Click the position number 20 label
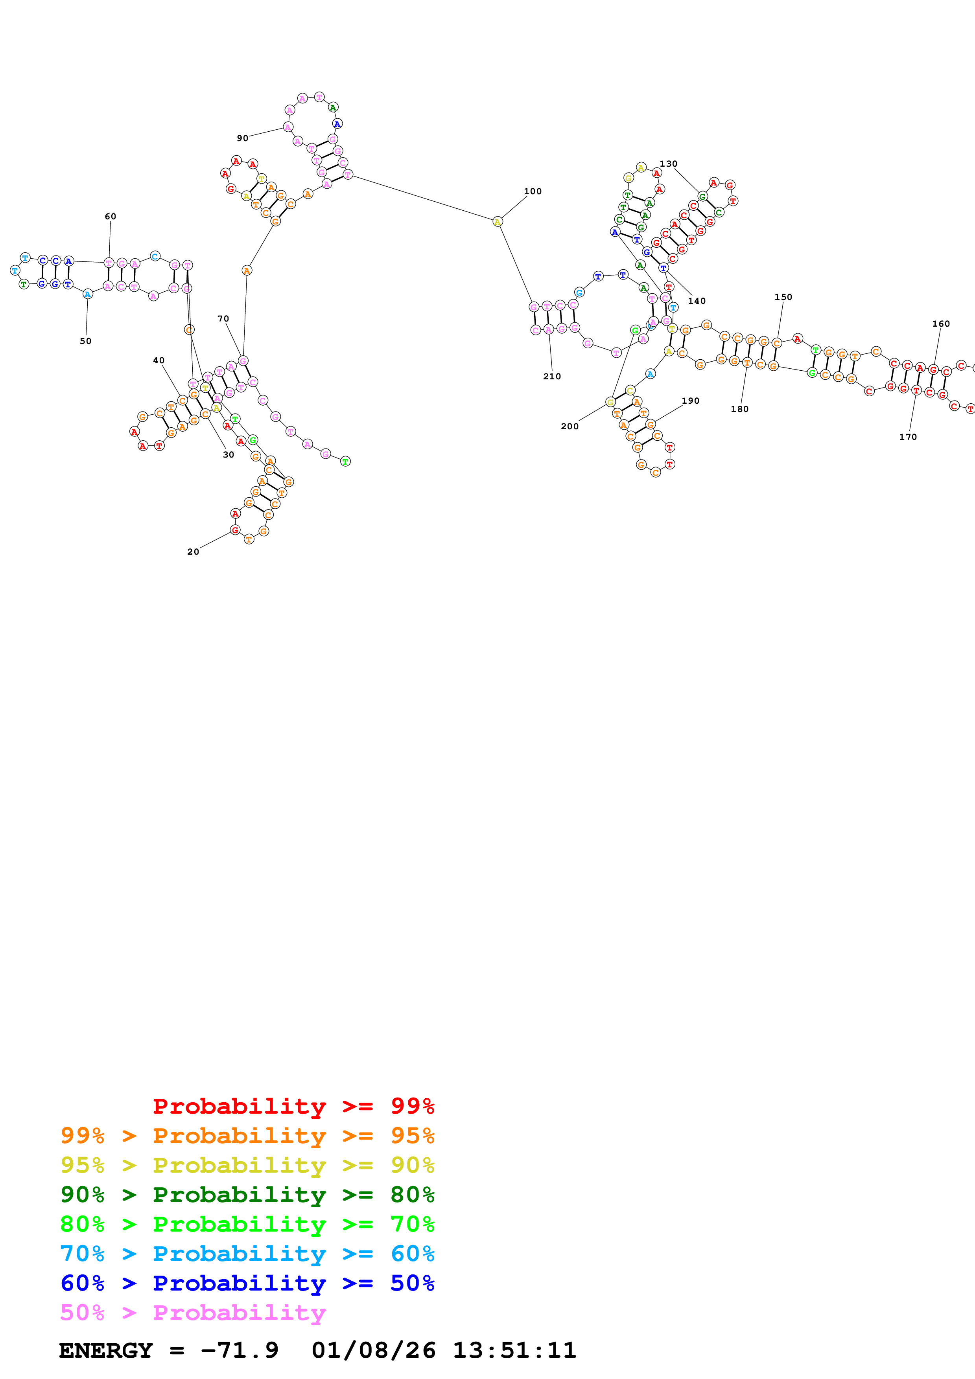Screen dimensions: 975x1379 click(193, 552)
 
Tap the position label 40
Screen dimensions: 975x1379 click(159, 360)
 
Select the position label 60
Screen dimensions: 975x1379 click(111, 216)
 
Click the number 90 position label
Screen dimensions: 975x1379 click(243, 138)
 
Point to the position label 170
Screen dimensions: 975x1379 click(908, 437)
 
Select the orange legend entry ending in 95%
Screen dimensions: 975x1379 click(247, 1136)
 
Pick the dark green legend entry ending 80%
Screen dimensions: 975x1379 click(247, 1195)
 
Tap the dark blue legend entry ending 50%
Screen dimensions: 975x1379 click(247, 1283)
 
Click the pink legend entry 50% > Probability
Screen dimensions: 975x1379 click(193, 1312)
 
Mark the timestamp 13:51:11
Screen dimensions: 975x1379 click(514, 1350)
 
